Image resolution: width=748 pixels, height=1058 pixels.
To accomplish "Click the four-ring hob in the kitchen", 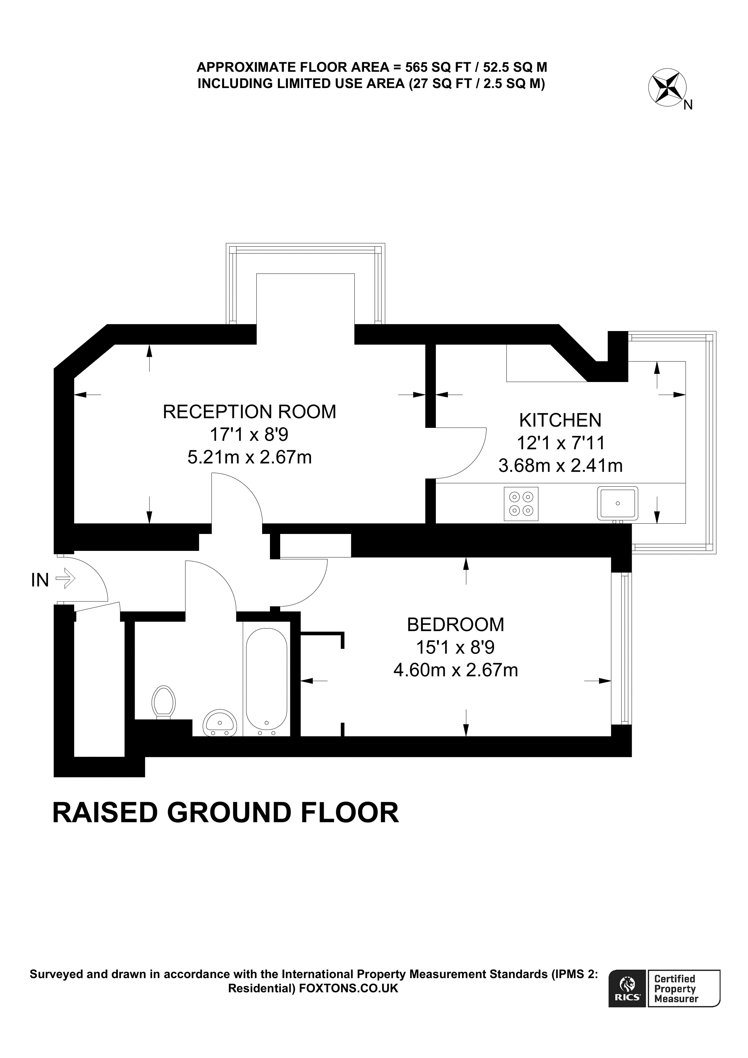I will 521,504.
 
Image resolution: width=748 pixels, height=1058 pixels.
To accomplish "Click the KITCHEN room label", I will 560,420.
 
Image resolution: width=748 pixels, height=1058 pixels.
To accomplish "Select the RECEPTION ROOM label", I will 249,412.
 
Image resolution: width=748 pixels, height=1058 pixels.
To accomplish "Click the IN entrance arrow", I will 65,578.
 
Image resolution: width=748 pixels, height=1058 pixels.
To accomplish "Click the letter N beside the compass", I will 687,105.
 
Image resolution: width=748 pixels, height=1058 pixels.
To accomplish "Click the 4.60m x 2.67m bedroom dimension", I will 455,670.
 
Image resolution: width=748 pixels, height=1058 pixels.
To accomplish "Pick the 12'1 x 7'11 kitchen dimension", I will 560,443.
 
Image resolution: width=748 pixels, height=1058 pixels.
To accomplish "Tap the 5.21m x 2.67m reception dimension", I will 249,457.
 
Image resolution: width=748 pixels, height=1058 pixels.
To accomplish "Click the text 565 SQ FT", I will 438,67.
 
